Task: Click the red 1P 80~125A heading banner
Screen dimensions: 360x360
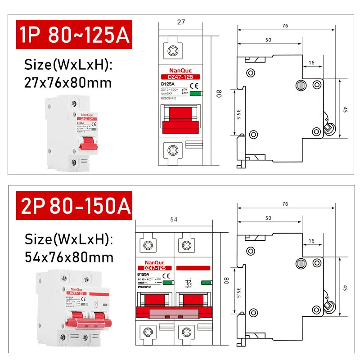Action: coord(73,34)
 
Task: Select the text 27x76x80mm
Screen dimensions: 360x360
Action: coord(68,83)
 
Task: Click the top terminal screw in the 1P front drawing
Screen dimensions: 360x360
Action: coord(172,50)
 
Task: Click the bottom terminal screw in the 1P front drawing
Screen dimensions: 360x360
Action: coord(172,149)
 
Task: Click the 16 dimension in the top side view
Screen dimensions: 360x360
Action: coord(312,63)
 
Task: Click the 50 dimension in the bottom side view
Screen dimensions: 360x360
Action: coord(268,218)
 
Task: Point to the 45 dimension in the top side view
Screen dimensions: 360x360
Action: coord(345,109)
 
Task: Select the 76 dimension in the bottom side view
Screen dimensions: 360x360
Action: coord(285,204)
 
